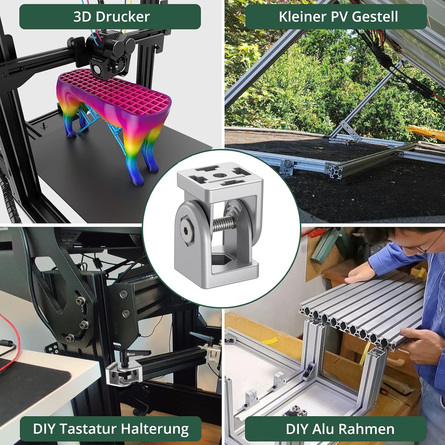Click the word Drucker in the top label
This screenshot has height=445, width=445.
123,17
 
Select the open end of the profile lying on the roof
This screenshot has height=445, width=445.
334,170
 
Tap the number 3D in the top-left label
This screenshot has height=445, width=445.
83,17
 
